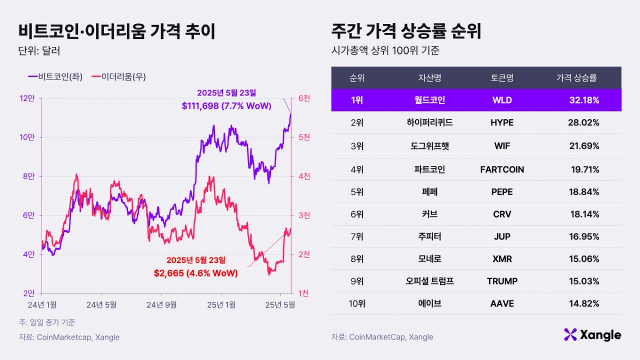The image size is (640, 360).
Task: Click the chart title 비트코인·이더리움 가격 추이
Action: click(117, 31)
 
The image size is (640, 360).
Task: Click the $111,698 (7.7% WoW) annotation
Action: click(226, 106)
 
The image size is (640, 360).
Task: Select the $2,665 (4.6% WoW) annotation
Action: click(196, 273)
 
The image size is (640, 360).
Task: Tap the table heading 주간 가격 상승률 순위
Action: click(406, 31)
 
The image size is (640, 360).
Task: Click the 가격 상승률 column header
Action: click(576, 78)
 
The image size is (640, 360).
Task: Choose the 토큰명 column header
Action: click(502, 78)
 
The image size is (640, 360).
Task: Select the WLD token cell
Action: click(502, 100)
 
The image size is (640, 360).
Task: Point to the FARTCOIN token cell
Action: click(502, 170)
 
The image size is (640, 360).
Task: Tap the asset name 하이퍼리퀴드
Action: click(429, 123)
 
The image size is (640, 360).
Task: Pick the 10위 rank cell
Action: click(357, 303)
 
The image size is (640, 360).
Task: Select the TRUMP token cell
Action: click(502, 281)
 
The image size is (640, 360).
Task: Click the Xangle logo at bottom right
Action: click(592, 335)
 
